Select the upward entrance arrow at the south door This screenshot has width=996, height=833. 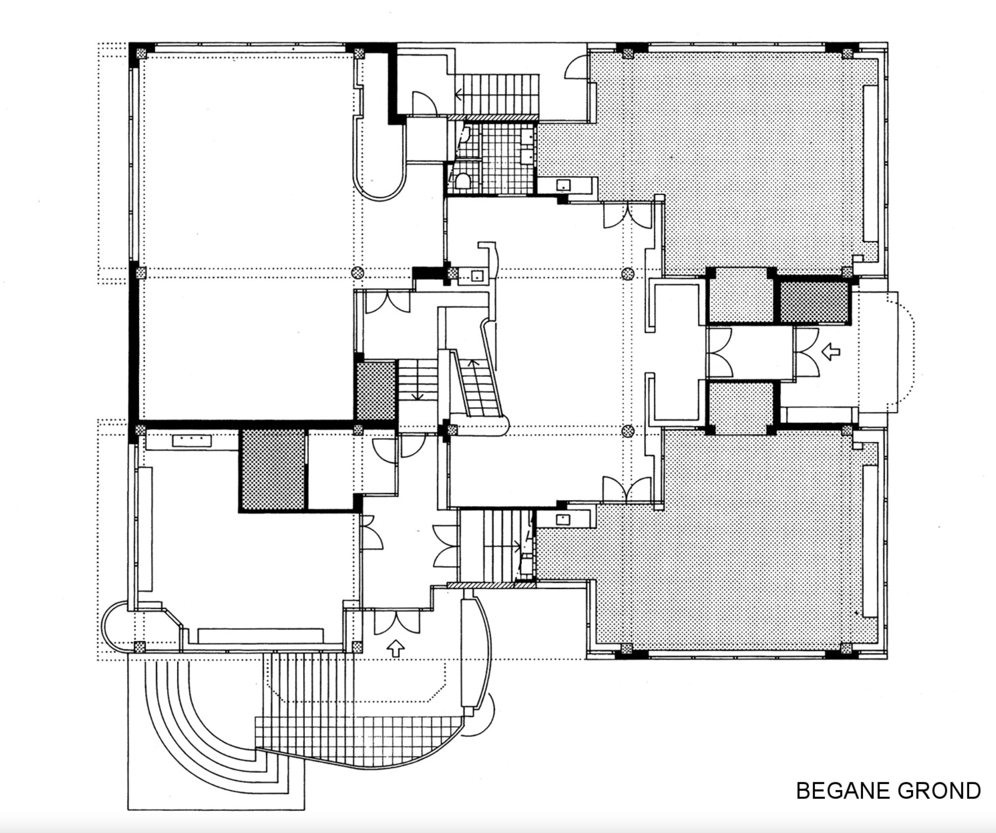(396, 648)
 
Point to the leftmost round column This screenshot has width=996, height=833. (358, 272)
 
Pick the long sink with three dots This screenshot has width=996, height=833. (192, 441)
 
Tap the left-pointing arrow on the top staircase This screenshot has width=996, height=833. (460, 94)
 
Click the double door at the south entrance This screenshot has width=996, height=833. (397, 622)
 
